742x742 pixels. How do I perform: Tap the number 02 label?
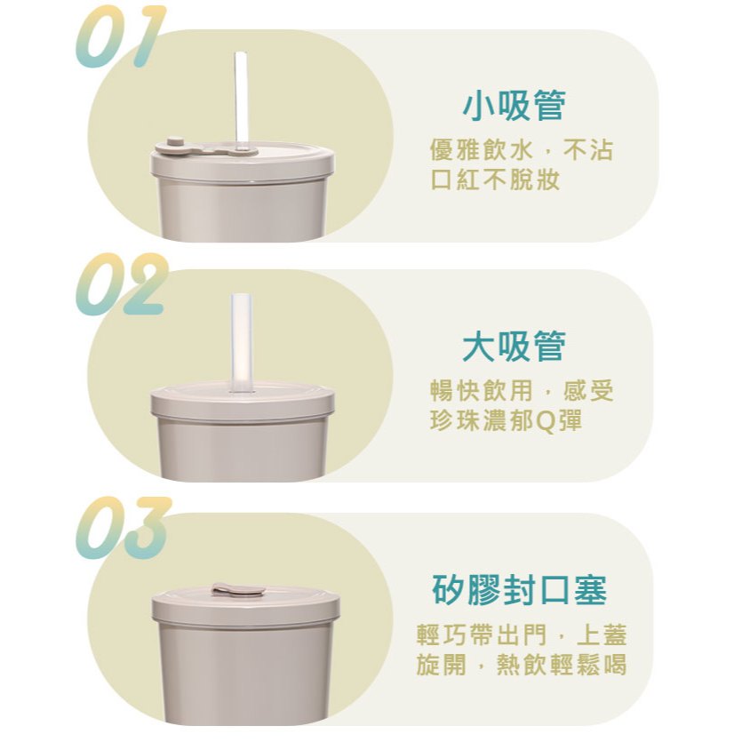click(x=122, y=284)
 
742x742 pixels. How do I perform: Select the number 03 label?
click(x=123, y=528)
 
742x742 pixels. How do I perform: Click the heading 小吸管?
click(x=515, y=106)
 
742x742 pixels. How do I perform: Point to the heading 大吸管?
click(x=515, y=347)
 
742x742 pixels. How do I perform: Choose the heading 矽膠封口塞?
click(x=520, y=590)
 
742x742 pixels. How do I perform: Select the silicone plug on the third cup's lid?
click(x=238, y=590)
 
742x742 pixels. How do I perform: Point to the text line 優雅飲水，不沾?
click(x=521, y=150)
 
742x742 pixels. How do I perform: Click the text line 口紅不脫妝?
click(x=496, y=180)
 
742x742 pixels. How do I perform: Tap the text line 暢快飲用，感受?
click(x=521, y=391)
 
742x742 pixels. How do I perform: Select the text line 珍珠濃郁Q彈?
click(x=506, y=420)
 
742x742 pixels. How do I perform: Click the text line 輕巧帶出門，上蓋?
click(x=522, y=635)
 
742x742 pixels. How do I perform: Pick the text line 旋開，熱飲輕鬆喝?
click(x=522, y=665)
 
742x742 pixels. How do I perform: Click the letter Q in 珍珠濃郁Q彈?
click(x=547, y=421)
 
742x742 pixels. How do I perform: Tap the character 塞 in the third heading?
click(x=591, y=590)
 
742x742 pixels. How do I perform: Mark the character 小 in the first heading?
click(x=479, y=106)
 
